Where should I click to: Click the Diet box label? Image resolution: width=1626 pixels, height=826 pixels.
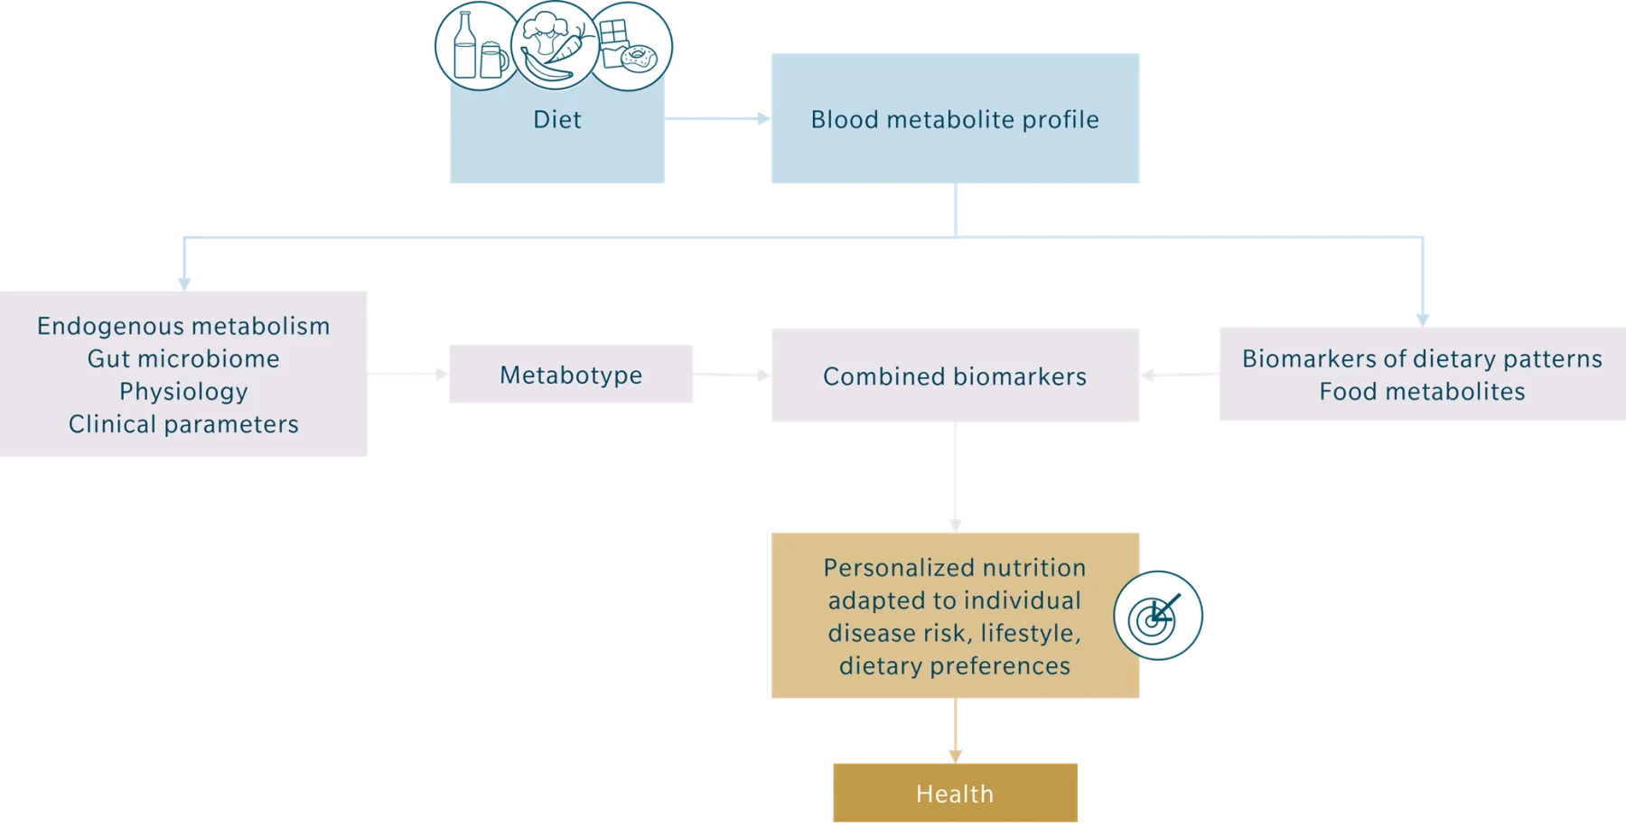coord(557,120)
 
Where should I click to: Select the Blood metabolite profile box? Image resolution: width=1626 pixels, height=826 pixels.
coord(954,120)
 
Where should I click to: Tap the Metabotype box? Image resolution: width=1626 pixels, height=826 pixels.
coord(573,375)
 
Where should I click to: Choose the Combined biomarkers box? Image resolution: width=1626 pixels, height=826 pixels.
coord(954,376)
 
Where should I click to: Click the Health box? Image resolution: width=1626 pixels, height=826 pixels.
coord(956,794)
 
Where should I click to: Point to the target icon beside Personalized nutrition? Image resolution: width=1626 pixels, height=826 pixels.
coord(1158,617)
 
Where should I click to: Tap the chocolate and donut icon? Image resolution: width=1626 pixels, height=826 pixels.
coord(629,47)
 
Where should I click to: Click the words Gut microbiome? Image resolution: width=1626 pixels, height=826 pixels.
coord(183,358)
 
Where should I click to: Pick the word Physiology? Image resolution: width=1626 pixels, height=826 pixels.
coord(183,391)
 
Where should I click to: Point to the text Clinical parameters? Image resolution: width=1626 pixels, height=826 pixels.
coord(183,424)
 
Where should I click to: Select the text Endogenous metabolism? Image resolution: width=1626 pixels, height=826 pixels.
coord(183,326)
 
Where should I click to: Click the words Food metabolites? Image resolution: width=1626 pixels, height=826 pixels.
coord(1422,392)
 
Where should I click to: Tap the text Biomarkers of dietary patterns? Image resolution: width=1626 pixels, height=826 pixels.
coord(1422,358)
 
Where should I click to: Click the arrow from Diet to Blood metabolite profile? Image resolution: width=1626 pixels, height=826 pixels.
coord(718,119)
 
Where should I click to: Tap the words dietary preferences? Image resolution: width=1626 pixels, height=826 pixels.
coord(954,666)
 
